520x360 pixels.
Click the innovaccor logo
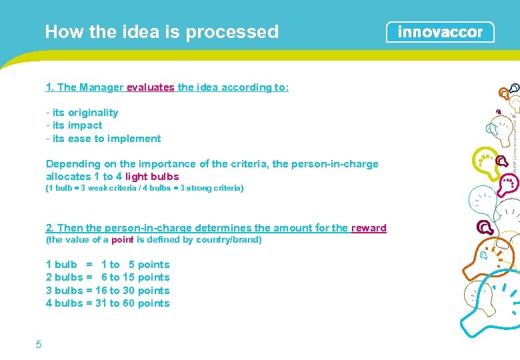[x=440, y=32]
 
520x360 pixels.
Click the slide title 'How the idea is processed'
[x=161, y=32]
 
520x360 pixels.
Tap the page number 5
[x=39, y=344]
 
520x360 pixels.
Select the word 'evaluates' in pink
[x=151, y=87]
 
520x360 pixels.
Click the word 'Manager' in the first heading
[x=101, y=87]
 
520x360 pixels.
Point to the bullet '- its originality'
[x=82, y=113]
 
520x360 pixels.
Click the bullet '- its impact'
[x=74, y=125]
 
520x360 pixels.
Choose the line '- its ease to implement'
[x=103, y=139]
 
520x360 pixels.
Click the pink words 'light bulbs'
[x=152, y=177]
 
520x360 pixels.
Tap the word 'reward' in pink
[x=369, y=228]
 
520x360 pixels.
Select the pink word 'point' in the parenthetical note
[x=122, y=240]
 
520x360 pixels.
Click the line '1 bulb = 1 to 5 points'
[x=107, y=265]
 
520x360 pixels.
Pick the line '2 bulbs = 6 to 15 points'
[x=107, y=277]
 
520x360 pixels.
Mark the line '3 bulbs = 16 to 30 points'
[x=107, y=291]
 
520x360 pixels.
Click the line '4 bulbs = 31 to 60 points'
[x=107, y=303]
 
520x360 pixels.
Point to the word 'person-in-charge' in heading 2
[x=144, y=228]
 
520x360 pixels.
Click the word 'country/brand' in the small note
[x=230, y=240]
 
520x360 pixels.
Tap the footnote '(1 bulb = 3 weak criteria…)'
[x=145, y=189]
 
